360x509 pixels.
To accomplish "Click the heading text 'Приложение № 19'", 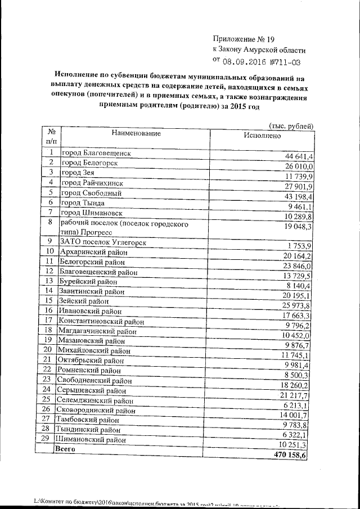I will point(243,39).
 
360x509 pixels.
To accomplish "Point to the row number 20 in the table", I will point(49,349).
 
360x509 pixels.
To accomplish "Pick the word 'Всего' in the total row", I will point(64,450).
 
